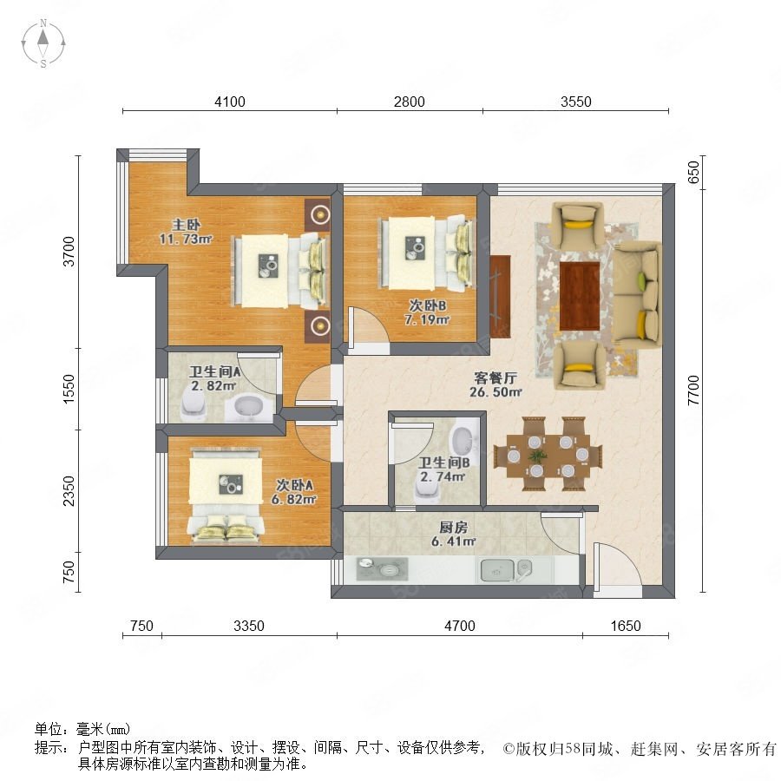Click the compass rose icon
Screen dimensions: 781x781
click(43, 43)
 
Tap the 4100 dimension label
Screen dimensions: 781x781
click(230, 102)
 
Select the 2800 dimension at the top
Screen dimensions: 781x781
click(409, 102)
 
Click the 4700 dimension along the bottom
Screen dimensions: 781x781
click(459, 626)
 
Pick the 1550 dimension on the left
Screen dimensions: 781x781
click(69, 389)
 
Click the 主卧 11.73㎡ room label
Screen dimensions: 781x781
click(186, 232)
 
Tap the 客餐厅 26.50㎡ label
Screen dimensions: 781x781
click(496, 385)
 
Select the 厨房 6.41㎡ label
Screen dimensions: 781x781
click(453, 534)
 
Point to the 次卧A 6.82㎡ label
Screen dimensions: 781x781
click(294, 492)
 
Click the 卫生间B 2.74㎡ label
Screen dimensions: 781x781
click(443, 469)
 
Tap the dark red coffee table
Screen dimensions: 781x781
click(580, 296)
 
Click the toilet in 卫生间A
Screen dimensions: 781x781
click(194, 406)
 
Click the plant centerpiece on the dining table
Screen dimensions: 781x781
click(537, 456)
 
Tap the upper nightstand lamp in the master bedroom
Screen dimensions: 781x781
click(318, 214)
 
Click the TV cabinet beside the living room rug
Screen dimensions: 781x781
click(500, 295)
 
